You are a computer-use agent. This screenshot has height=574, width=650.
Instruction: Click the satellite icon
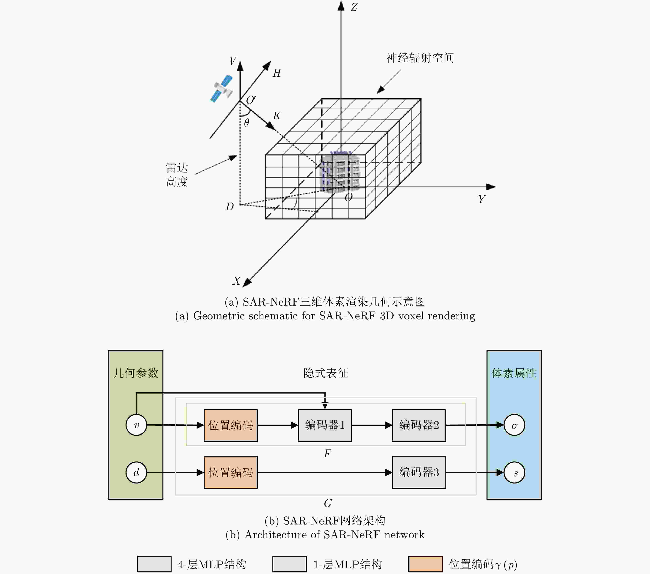(222, 88)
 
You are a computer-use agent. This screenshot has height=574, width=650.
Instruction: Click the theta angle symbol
(246, 122)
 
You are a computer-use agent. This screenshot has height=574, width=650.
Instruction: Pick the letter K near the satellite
(277, 115)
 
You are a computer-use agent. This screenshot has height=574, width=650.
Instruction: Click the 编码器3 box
(419, 472)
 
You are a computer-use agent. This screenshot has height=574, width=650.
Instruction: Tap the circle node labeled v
(136, 425)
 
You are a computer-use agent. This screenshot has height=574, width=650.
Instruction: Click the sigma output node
(514, 425)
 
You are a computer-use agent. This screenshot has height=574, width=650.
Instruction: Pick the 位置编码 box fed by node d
(231, 472)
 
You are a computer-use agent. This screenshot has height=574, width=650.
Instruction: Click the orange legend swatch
(425, 564)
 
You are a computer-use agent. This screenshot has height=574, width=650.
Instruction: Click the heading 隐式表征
(326, 373)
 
